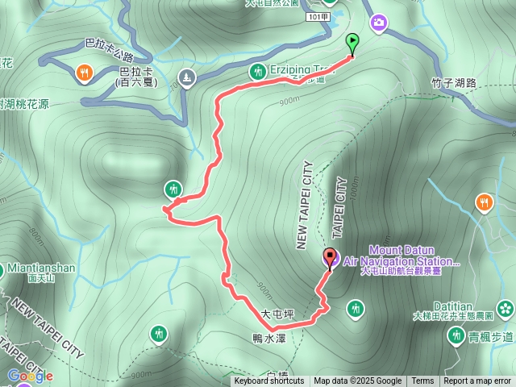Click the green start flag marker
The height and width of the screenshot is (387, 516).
pos(352,43)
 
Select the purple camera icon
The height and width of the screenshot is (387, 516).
pos(379,23)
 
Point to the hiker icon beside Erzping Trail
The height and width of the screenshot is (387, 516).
pos(257,71)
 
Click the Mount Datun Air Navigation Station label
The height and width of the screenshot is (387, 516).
pos(402,256)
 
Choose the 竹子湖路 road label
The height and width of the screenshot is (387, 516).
pos(455,81)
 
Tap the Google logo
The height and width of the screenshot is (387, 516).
pos(30,376)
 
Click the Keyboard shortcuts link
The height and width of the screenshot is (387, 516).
pos(268,381)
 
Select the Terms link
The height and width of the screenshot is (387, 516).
pos(422,381)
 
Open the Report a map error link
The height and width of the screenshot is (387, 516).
pos(477,381)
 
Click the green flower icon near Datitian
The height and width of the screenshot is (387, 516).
pos(506,307)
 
